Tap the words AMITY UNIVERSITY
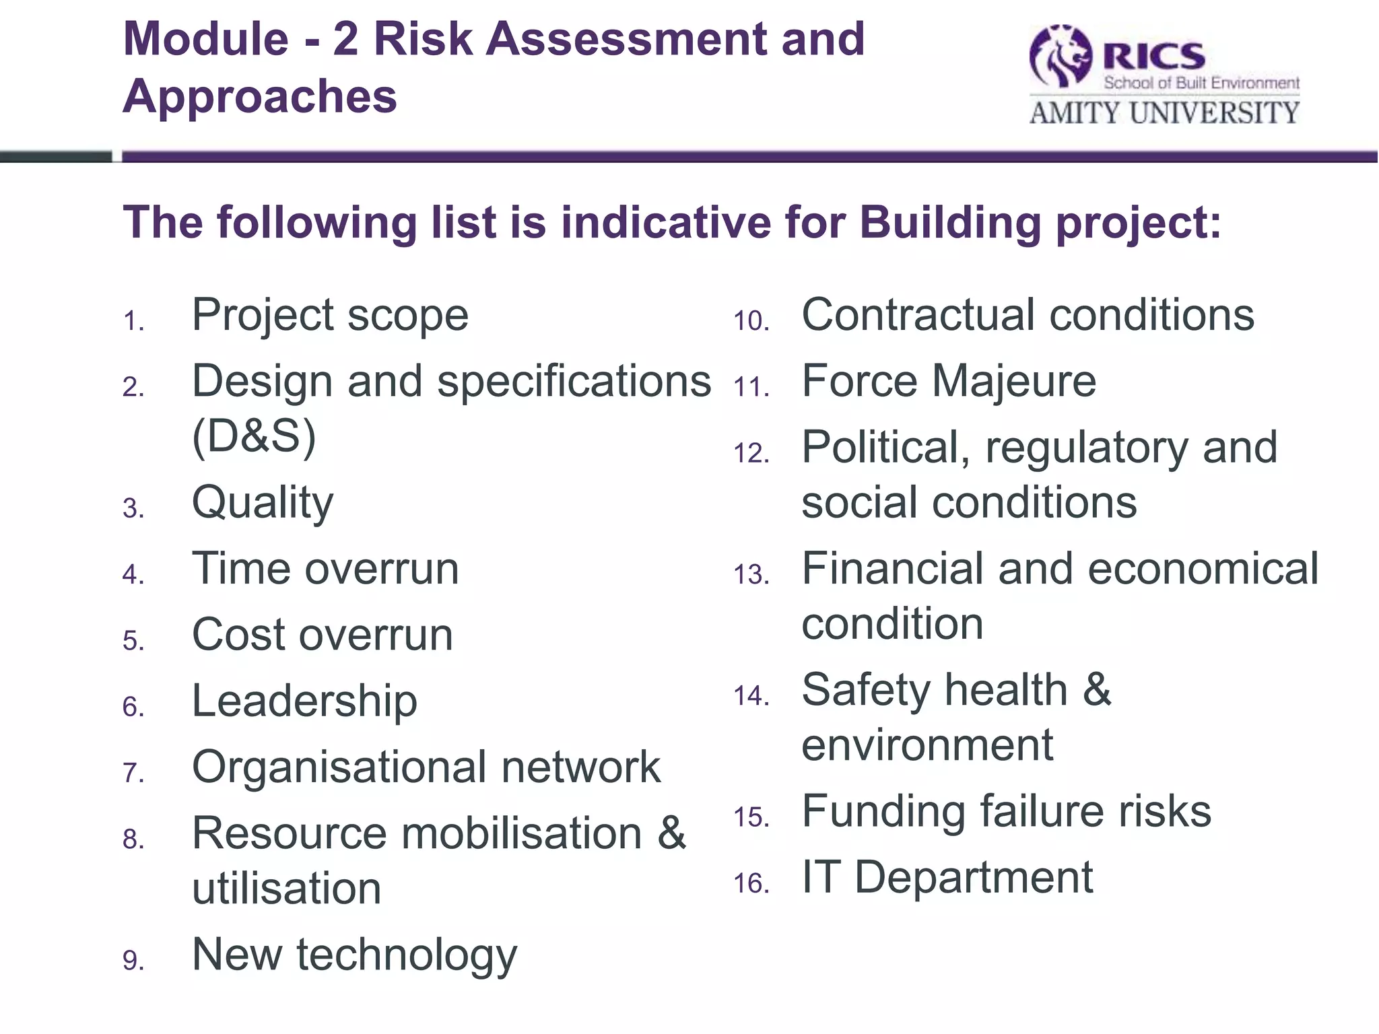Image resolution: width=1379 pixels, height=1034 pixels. [1164, 113]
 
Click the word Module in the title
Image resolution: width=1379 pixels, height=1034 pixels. [206, 39]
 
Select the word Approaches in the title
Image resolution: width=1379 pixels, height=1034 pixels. [260, 96]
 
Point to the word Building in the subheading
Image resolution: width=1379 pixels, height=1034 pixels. [950, 223]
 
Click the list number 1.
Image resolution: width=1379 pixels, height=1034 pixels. [133, 321]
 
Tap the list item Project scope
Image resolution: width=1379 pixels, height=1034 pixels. [330, 315]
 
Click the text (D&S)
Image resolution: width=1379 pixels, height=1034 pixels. [254, 436]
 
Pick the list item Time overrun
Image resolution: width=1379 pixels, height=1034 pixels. [325, 569]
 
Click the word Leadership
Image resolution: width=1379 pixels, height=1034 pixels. [304, 701]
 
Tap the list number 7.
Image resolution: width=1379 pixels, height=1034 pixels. [133, 773]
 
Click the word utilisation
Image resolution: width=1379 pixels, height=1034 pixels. [287, 889]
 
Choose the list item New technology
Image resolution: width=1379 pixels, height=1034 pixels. [354, 955]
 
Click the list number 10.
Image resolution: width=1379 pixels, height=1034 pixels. [751, 321]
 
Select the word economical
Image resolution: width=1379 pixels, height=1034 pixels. [1203, 569]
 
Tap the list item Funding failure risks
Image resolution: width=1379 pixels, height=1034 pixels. [1006, 811]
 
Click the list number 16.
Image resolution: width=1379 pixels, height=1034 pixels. [751, 883]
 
